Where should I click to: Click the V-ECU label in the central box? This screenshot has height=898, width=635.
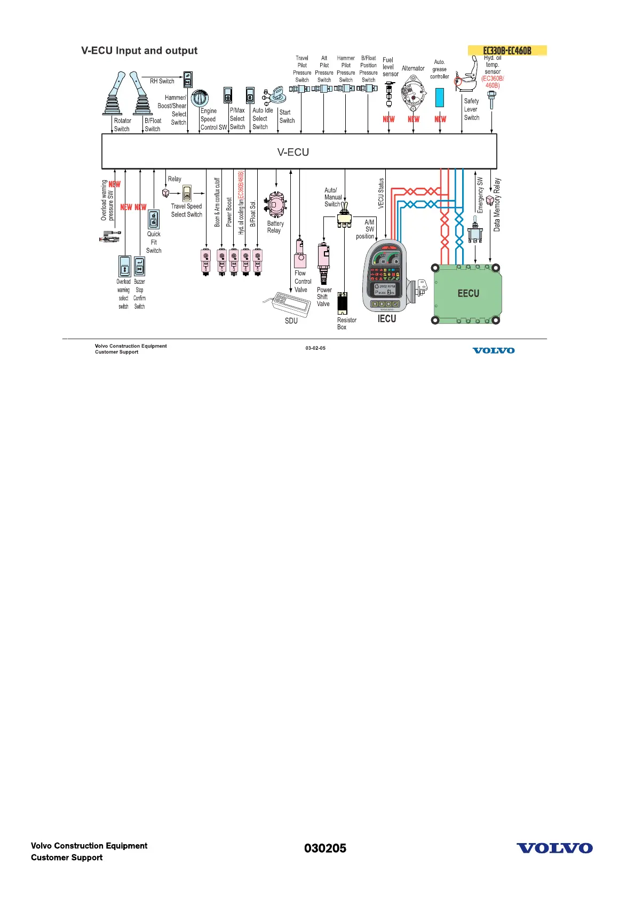(x=293, y=152)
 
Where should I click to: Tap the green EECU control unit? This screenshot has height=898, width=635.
(x=467, y=293)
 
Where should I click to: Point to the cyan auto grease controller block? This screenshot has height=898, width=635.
(x=440, y=98)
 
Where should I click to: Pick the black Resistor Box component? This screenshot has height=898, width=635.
(x=343, y=303)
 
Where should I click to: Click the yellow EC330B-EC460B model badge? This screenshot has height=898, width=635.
(x=507, y=51)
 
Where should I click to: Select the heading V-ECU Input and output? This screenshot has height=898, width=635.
(x=139, y=51)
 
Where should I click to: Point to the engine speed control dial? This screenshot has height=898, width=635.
(x=200, y=98)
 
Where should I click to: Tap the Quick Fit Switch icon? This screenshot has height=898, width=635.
(x=154, y=220)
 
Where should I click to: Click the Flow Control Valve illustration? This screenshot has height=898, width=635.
(x=300, y=254)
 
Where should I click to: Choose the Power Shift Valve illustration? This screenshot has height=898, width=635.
(x=323, y=263)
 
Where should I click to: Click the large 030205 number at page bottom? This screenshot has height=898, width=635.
(x=325, y=848)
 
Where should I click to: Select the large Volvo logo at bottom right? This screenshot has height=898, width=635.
(x=554, y=848)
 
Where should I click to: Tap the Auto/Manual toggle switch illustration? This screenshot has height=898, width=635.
(x=344, y=216)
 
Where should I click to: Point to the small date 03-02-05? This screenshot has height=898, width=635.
(x=315, y=348)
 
